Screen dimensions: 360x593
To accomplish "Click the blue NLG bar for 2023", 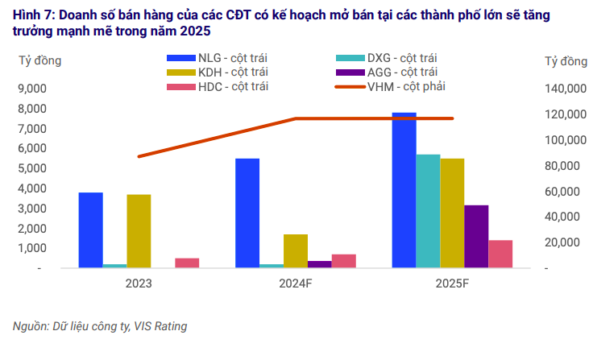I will coord(90,230).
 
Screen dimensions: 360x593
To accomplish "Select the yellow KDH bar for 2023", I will coord(139,230).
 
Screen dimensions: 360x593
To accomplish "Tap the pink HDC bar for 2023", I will coord(187,262).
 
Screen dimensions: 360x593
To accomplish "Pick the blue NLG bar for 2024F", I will coord(247,213).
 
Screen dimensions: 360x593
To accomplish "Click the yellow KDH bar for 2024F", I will coord(296,250).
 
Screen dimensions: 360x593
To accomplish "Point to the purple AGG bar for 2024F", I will coord(320,263).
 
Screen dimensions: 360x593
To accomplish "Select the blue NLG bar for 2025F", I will coord(404,190).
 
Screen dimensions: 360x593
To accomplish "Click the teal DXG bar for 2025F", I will coord(428,210).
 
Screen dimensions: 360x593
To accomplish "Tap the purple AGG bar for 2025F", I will coord(476,236).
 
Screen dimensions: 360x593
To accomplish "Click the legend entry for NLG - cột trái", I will coord(216,57).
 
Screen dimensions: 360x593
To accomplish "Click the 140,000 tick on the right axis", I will coord(565,89).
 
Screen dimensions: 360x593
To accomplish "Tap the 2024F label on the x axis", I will coord(296,283).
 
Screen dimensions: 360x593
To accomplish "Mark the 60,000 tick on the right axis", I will coord(567,191).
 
